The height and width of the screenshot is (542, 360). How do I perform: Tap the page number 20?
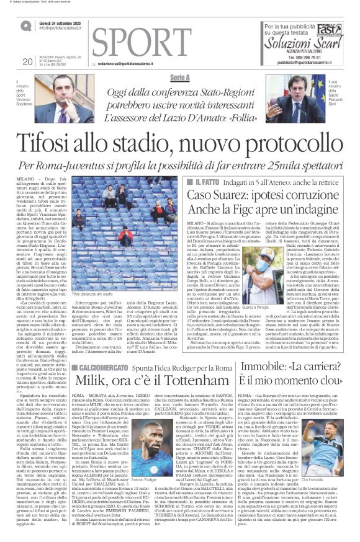click(27, 61)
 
